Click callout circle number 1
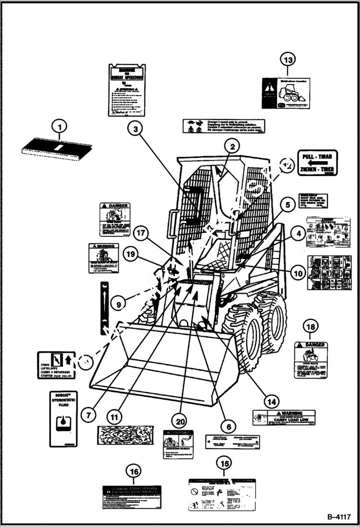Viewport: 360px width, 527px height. [60, 127]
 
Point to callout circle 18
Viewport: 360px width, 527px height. [311, 327]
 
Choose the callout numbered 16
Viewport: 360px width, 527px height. [134, 472]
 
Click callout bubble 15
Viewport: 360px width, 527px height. [223, 464]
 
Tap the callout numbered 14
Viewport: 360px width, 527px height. [272, 401]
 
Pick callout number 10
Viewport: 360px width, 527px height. [298, 273]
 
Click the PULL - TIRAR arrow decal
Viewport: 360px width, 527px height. [318, 163]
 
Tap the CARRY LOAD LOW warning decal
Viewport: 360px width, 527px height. [284, 417]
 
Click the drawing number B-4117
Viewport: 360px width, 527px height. [339, 517]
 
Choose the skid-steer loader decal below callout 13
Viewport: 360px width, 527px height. [287, 93]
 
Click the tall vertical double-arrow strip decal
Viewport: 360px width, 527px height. [104, 308]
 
